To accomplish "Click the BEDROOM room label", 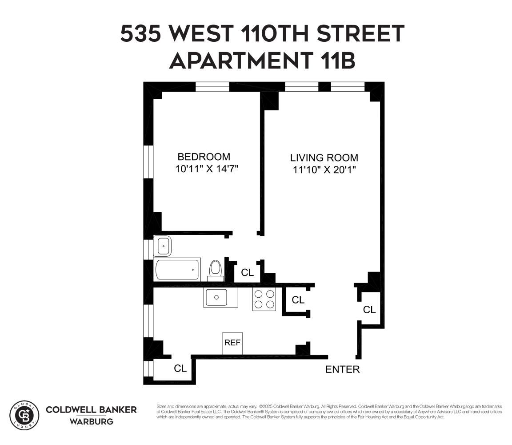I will pyautogui.click(x=204, y=157).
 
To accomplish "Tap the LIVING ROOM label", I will pyautogui.click(x=324, y=158).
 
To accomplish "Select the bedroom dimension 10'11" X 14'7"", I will pyautogui.click(x=208, y=169).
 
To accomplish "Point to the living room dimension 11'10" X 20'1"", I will pyautogui.click(x=325, y=170).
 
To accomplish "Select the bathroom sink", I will pyautogui.click(x=163, y=245).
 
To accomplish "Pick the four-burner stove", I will pyautogui.click(x=264, y=299).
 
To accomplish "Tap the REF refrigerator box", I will pyautogui.click(x=232, y=343).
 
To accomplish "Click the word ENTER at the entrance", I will pyautogui.click(x=342, y=369).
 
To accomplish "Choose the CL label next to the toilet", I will pyautogui.click(x=247, y=272).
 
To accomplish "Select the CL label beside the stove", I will pyautogui.click(x=298, y=300).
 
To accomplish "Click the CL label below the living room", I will pyautogui.click(x=369, y=310).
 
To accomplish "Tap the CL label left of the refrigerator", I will pyautogui.click(x=180, y=368).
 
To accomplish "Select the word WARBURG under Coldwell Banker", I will pyautogui.click(x=91, y=421).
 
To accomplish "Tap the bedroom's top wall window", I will pyautogui.click(x=212, y=86).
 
